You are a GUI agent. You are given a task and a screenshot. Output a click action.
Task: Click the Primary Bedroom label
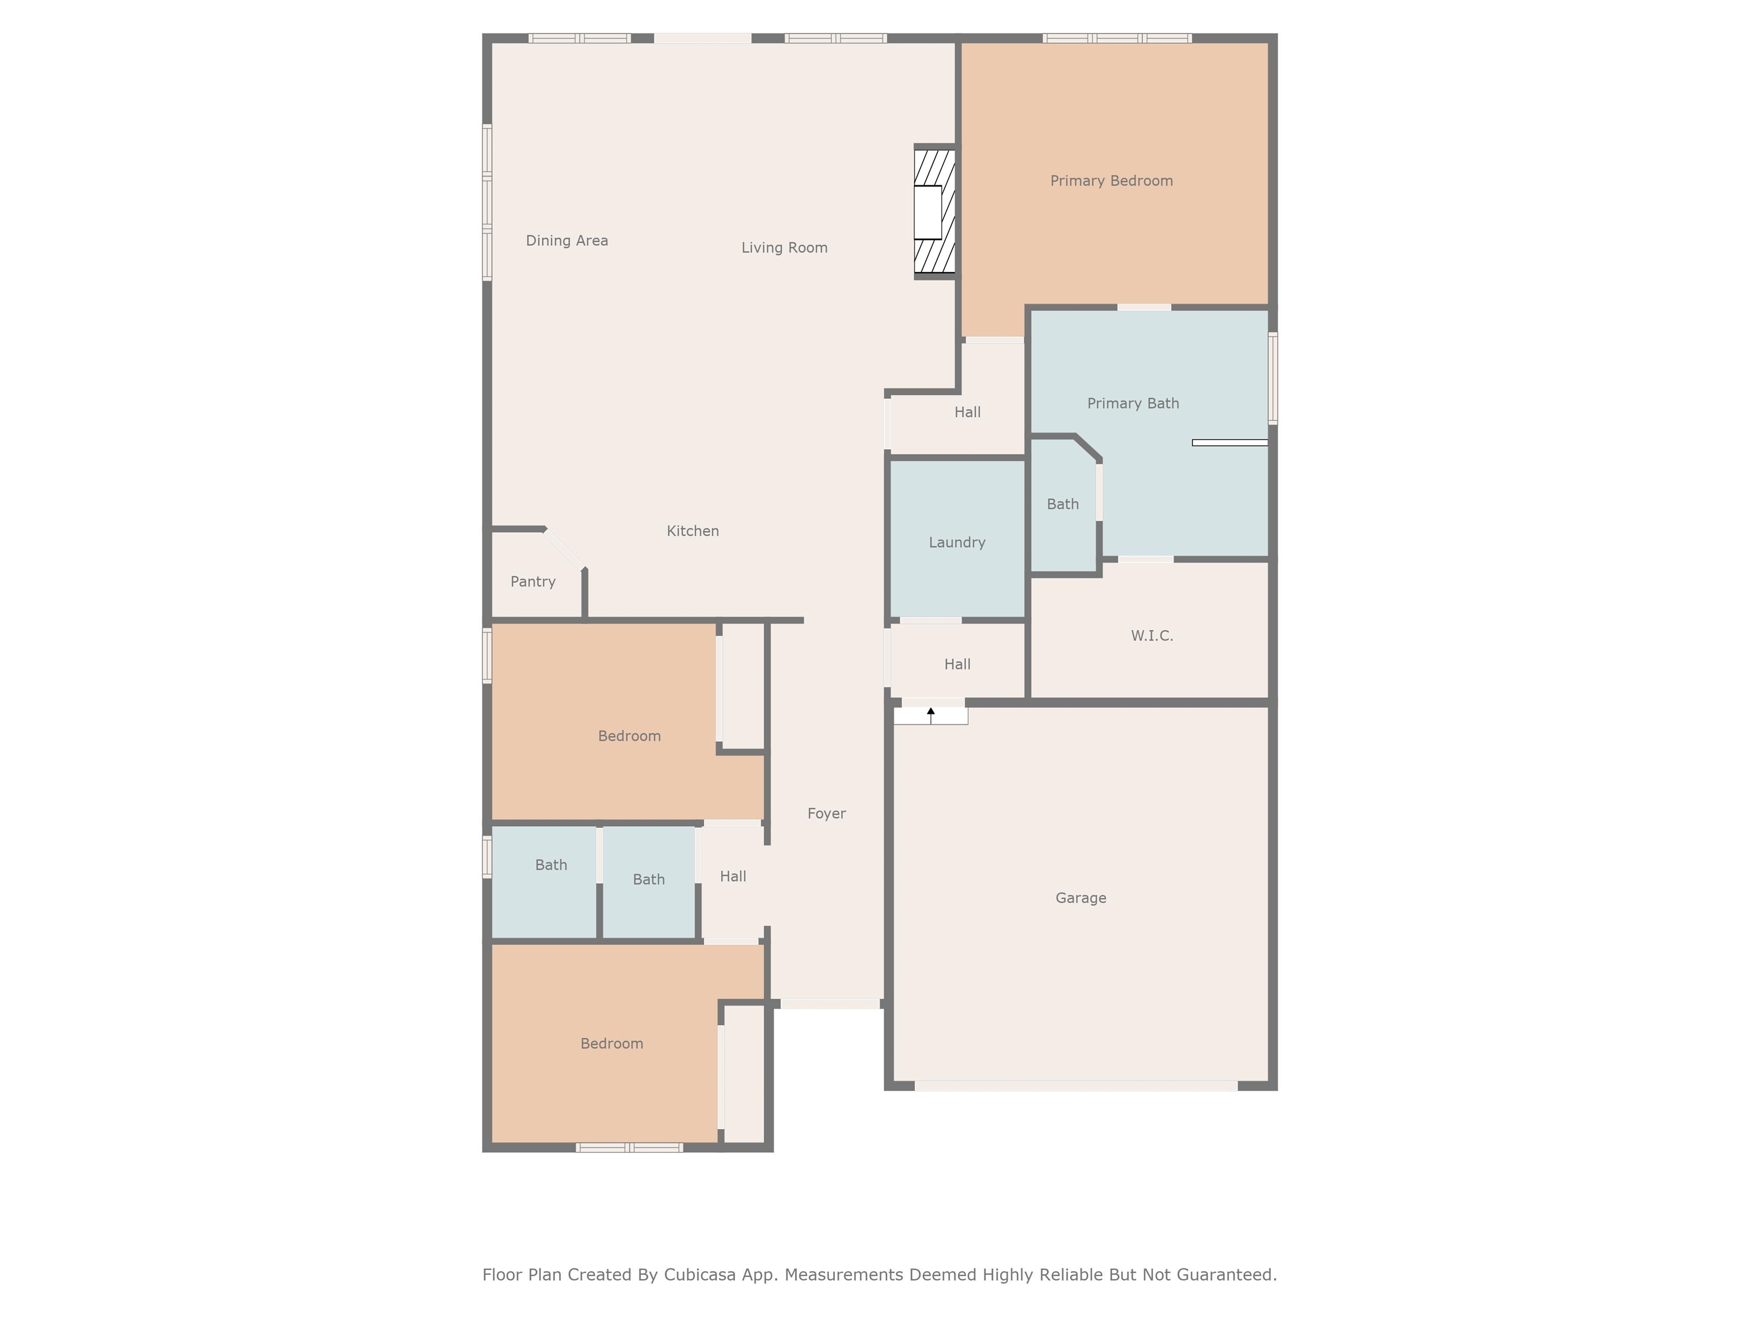(1111, 180)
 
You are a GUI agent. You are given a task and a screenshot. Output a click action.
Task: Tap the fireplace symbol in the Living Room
(933, 211)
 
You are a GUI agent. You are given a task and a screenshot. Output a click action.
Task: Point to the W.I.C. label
(1152, 636)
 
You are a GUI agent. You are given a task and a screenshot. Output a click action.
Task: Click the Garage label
(1081, 898)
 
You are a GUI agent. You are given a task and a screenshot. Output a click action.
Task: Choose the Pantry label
(532, 582)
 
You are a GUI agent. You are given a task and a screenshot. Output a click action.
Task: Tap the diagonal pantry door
(565, 548)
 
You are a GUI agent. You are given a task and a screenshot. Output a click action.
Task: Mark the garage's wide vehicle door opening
(1076, 1085)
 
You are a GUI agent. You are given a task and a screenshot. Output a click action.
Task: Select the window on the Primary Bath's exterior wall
(1272, 378)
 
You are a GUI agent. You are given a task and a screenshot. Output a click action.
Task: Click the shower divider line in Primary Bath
(1229, 442)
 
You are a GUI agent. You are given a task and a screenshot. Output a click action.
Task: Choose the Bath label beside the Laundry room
(1062, 504)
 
